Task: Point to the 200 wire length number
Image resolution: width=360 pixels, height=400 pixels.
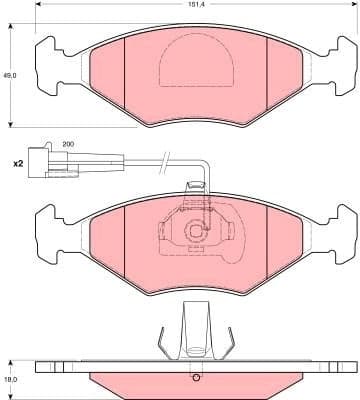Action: click(x=68, y=145)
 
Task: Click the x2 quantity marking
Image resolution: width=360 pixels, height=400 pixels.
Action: click(x=17, y=162)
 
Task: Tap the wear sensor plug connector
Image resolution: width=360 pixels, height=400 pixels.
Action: click(x=46, y=162)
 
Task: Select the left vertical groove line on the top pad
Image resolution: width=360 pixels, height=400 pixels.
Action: click(x=121, y=80)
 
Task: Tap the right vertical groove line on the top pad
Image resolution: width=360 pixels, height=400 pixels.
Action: click(x=269, y=80)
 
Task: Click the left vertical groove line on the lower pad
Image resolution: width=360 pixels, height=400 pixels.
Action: click(x=121, y=245)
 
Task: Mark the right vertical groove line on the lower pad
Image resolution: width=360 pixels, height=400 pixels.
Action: click(x=269, y=245)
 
